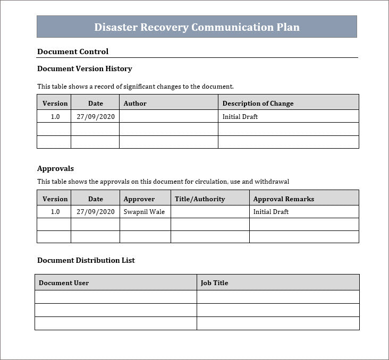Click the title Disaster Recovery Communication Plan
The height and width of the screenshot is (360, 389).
[197, 27]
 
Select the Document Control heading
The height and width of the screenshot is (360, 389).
[73, 52]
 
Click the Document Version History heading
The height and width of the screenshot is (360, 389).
[84, 68]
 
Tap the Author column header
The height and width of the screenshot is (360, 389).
[135, 103]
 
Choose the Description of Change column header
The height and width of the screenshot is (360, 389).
[258, 103]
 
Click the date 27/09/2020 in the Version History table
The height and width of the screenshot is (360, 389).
[95, 116]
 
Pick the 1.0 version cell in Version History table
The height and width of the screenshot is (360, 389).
[55, 116]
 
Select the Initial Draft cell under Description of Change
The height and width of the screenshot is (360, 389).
[240, 116]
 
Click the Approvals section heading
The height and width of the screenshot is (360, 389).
[55, 168]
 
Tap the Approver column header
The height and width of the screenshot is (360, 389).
[139, 199]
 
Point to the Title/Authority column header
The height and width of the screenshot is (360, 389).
[200, 199]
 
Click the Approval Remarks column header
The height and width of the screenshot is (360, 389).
[283, 199]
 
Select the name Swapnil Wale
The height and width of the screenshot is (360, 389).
[144, 211]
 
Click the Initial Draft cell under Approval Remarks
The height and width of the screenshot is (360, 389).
[270, 211]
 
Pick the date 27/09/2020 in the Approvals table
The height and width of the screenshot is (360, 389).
[95, 211]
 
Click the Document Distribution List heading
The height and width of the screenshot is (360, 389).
[86, 260]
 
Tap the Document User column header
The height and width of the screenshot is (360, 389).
[64, 282]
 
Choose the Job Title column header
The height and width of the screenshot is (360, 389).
[214, 282]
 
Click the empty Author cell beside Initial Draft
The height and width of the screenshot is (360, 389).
[168, 116]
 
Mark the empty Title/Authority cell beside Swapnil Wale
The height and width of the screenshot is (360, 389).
[210, 211]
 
